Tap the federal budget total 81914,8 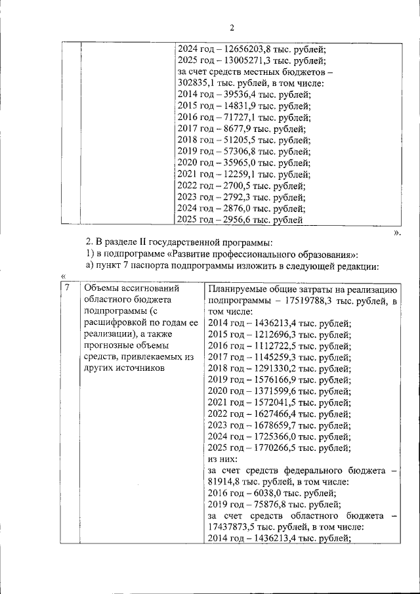[x=226, y=482]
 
